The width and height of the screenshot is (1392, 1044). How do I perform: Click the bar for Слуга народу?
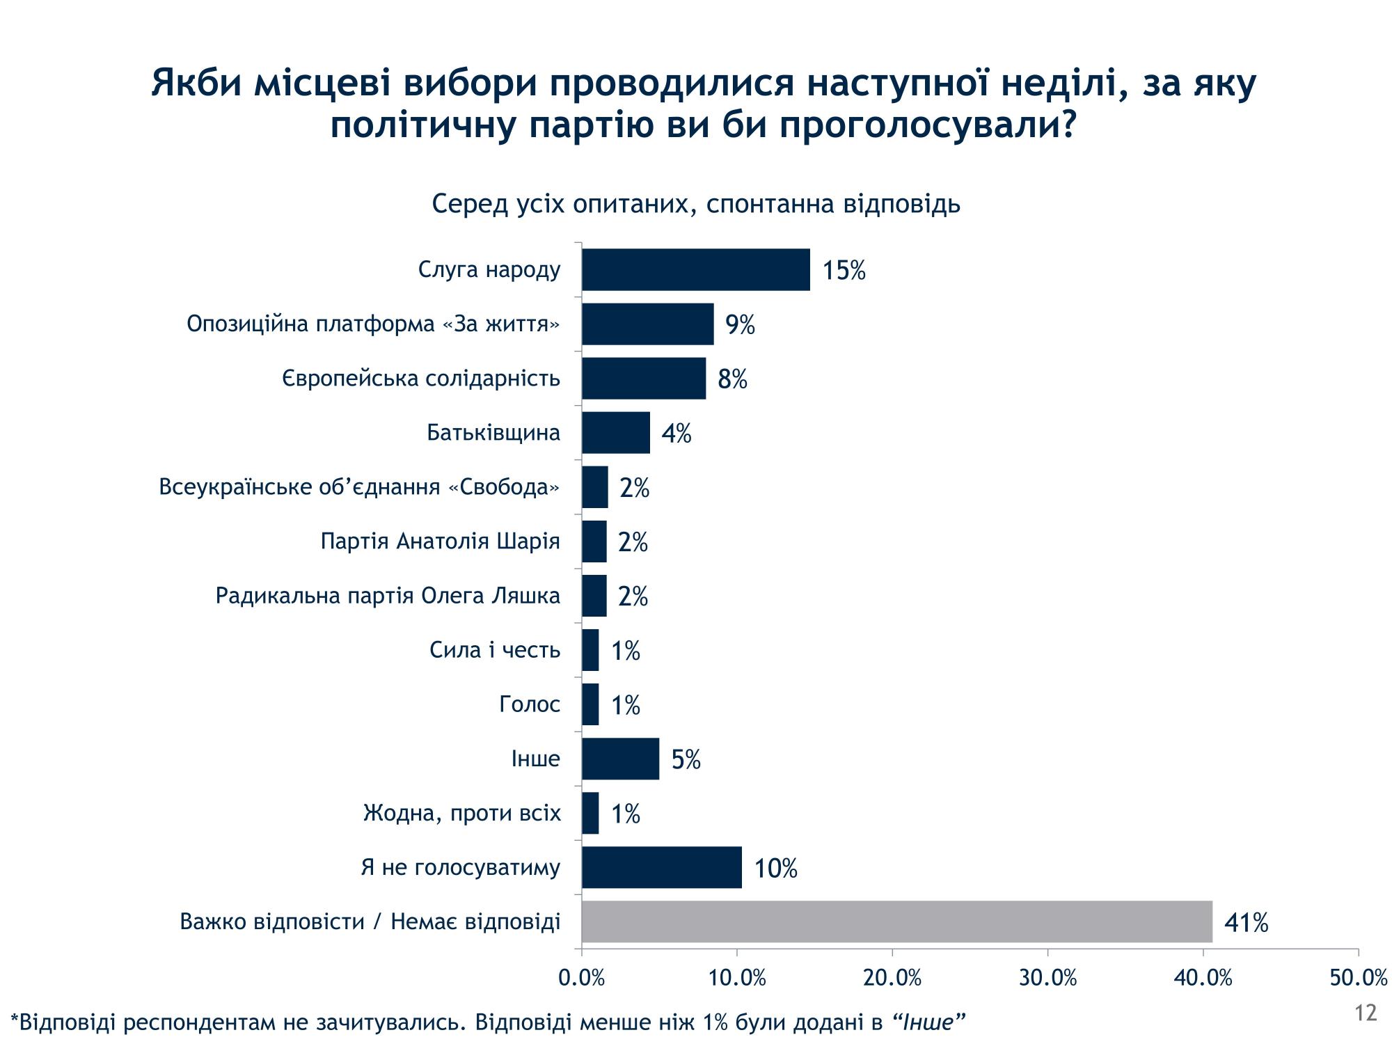point(696,269)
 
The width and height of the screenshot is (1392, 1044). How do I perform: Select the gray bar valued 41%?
point(896,922)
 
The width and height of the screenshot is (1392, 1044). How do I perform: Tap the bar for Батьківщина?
point(616,432)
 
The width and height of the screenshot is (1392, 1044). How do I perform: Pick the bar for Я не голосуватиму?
point(661,867)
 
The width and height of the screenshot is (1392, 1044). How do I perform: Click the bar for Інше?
point(620,759)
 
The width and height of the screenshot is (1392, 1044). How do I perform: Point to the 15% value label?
point(844,270)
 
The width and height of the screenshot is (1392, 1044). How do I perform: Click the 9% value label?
point(740,324)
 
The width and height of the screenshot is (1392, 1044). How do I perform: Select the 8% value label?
point(732,379)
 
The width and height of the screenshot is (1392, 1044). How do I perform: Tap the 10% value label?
point(775,868)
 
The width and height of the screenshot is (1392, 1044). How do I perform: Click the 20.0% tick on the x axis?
point(892,978)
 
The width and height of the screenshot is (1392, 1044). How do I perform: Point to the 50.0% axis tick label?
point(1358,978)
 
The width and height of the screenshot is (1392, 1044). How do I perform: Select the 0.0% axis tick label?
point(582,978)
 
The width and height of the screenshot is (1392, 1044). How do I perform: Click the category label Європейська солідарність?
point(421,378)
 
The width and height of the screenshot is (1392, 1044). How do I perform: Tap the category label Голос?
point(530,704)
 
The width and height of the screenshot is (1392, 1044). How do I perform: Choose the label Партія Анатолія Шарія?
point(440,541)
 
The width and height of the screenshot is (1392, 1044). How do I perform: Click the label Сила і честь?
point(495,649)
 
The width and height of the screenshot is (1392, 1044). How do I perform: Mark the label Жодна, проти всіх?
point(461,812)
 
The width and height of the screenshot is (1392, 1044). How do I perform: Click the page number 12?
point(1366,1013)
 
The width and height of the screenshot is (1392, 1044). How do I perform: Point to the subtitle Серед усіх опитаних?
point(696,204)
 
